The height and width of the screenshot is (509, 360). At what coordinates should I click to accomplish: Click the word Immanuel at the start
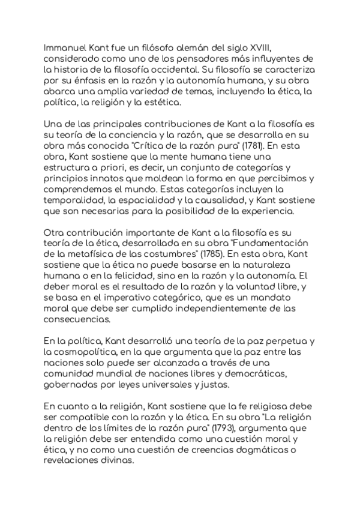pyautogui.click(x=65, y=48)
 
